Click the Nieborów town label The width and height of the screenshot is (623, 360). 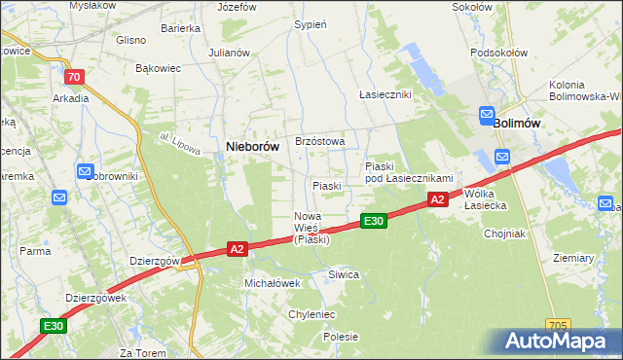[252, 146]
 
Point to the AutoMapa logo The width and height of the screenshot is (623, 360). [559, 342]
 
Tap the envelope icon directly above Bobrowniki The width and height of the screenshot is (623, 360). [85, 171]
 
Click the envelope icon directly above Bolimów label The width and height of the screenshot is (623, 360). [487, 116]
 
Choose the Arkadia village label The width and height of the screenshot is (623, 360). [71, 98]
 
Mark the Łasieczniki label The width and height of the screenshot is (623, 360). [385, 94]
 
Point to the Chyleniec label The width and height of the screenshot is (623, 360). [311, 314]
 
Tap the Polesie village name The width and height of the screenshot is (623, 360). [341, 337]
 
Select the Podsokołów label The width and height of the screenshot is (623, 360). [495, 52]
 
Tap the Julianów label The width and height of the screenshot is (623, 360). [229, 53]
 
